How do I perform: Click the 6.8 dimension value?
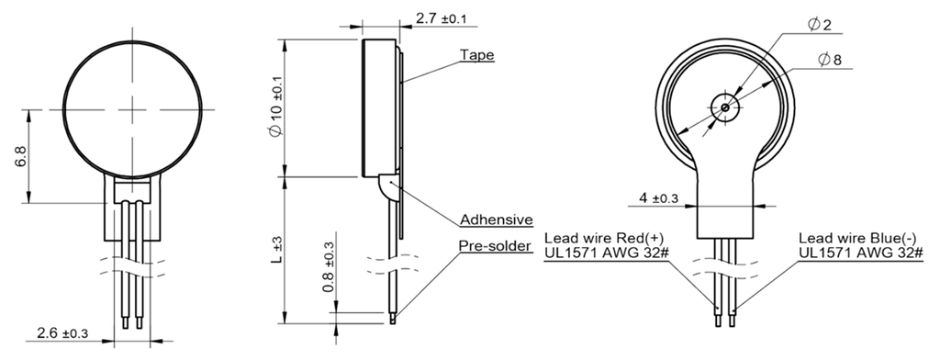coord(20,155)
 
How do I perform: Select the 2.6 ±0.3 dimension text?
coord(62,333)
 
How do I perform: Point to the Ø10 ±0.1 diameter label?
coord(276,107)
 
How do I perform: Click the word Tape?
coord(477,55)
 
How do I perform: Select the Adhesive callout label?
coord(497,219)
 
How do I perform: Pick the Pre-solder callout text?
coord(495,246)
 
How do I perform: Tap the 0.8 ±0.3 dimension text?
coord(329,266)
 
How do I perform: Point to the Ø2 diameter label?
coord(820,25)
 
